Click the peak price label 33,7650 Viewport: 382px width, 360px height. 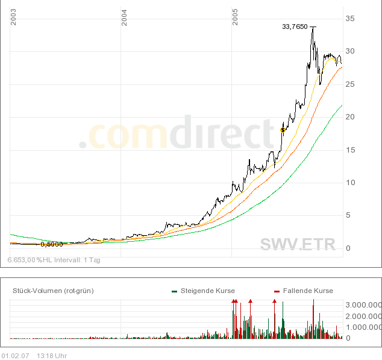[x=295, y=27]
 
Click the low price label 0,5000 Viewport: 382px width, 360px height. [x=51, y=244]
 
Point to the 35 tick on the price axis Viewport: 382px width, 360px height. [x=350, y=19]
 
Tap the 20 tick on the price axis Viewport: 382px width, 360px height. [x=350, y=117]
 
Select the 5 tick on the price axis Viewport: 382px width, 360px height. [x=348, y=215]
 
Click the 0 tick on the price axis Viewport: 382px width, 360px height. [x=348, y=248]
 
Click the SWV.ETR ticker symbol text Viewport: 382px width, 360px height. [x=299, y=244]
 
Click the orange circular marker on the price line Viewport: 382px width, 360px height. [x=283, y=130]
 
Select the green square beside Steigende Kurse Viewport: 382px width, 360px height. [x=174, y=291]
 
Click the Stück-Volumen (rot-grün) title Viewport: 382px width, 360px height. [x=53, y=291]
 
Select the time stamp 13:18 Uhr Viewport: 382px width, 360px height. [x=52, y=355]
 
